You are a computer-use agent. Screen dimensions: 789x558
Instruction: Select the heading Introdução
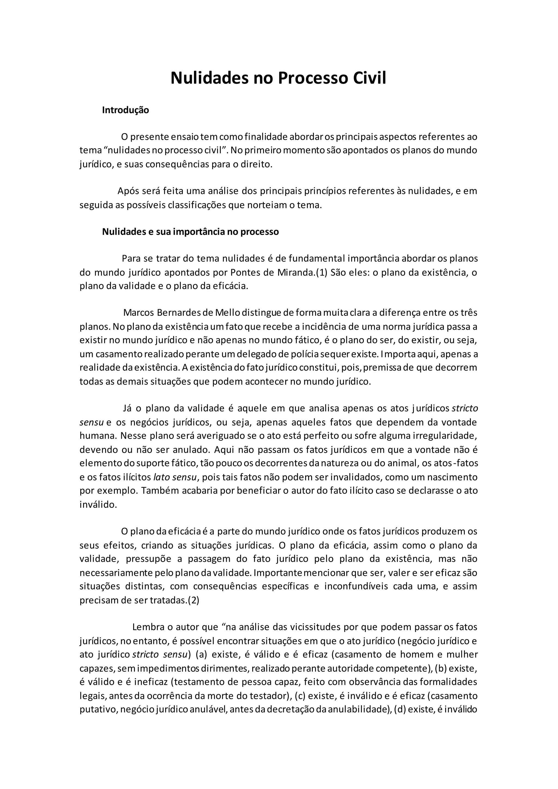point(125,110)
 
